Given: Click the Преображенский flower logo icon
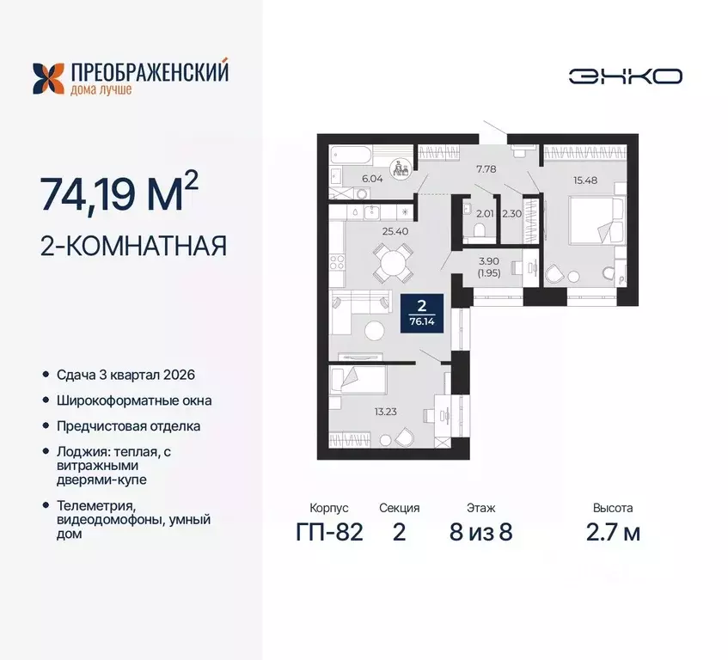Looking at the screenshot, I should coord(48,78).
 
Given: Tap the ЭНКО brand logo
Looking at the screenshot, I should coord(625,76).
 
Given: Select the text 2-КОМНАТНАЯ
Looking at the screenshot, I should coord(133,247).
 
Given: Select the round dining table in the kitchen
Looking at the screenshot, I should coord(391,261).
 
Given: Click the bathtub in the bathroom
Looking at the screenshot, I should coord(352,157).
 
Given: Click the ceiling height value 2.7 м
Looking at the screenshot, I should coord(616,533).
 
